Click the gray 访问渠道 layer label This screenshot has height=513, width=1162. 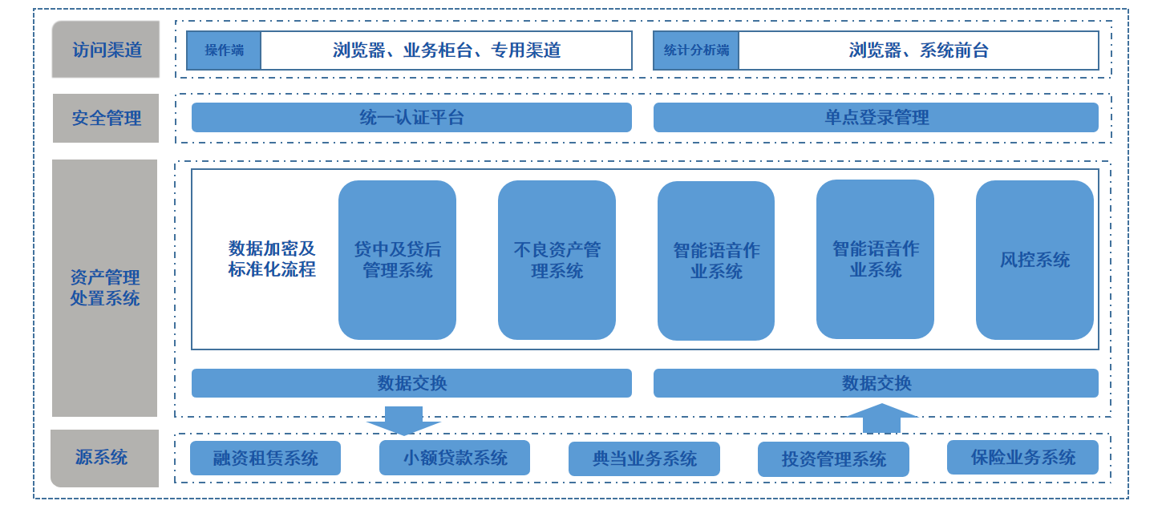coord(106,50)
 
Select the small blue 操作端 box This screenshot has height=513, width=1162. coord(224,50)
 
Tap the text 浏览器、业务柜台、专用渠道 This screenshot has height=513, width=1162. coord(446,50)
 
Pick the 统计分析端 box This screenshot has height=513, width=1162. coord(695,50)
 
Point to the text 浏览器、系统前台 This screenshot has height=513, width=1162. coord(918,50)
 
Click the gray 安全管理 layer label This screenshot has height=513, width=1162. coord(106,118)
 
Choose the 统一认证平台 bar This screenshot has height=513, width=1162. coord(411,117)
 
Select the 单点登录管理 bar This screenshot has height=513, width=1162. coord(876,117)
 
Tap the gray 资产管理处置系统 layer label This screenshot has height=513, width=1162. coord(105,288)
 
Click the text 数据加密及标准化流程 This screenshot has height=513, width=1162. coord(272,259)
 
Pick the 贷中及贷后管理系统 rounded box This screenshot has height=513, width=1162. coord(397,260)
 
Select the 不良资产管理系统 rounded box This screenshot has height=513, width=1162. coord(557,260)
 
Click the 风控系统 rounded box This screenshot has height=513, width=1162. coord(1034,260)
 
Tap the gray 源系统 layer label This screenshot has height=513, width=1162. coord(102,458)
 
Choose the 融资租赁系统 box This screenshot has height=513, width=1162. coord(265,458)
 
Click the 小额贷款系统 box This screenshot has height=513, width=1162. coord(455,458)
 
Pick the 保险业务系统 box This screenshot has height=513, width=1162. coord(1022,457)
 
